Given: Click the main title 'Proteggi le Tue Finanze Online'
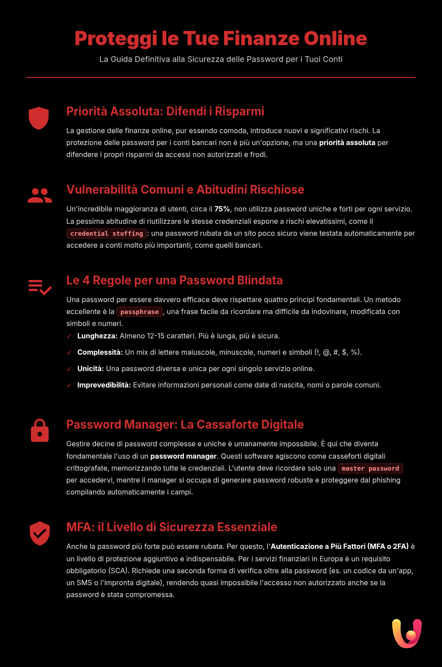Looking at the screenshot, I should tap(221, 38).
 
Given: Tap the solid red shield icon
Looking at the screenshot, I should tap(38, 118).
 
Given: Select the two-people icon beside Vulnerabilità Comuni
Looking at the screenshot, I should tap(40, 195).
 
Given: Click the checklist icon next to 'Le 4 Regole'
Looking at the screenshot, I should tap(40, 287).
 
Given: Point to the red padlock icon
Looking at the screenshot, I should tap(40, 430).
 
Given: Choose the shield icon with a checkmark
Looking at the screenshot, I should tap(40, 533).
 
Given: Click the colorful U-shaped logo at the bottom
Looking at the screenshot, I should tap(407, 633).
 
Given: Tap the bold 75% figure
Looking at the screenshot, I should tap(222, 209).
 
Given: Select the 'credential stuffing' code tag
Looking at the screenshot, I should tap(107, 234).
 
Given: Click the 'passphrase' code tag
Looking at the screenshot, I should tap(139, 312).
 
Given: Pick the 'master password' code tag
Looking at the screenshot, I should tap(370, 468).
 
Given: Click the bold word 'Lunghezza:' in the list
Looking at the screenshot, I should tap(97, 336).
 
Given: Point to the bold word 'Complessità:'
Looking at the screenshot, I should tap(100, 353).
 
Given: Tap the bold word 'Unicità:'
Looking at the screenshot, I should tap(91, 369).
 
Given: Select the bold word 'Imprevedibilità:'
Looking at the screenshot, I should tap(104, 385).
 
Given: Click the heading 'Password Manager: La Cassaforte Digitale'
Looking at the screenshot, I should tap(185, 425).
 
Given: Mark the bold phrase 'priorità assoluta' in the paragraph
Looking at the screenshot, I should tap(347, 143).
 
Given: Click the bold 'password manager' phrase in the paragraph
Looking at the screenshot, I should tap(183, 456).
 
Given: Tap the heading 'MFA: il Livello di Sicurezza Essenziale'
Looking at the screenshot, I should tap(171, 527).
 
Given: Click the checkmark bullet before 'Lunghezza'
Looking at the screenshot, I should tap(69, 337).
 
